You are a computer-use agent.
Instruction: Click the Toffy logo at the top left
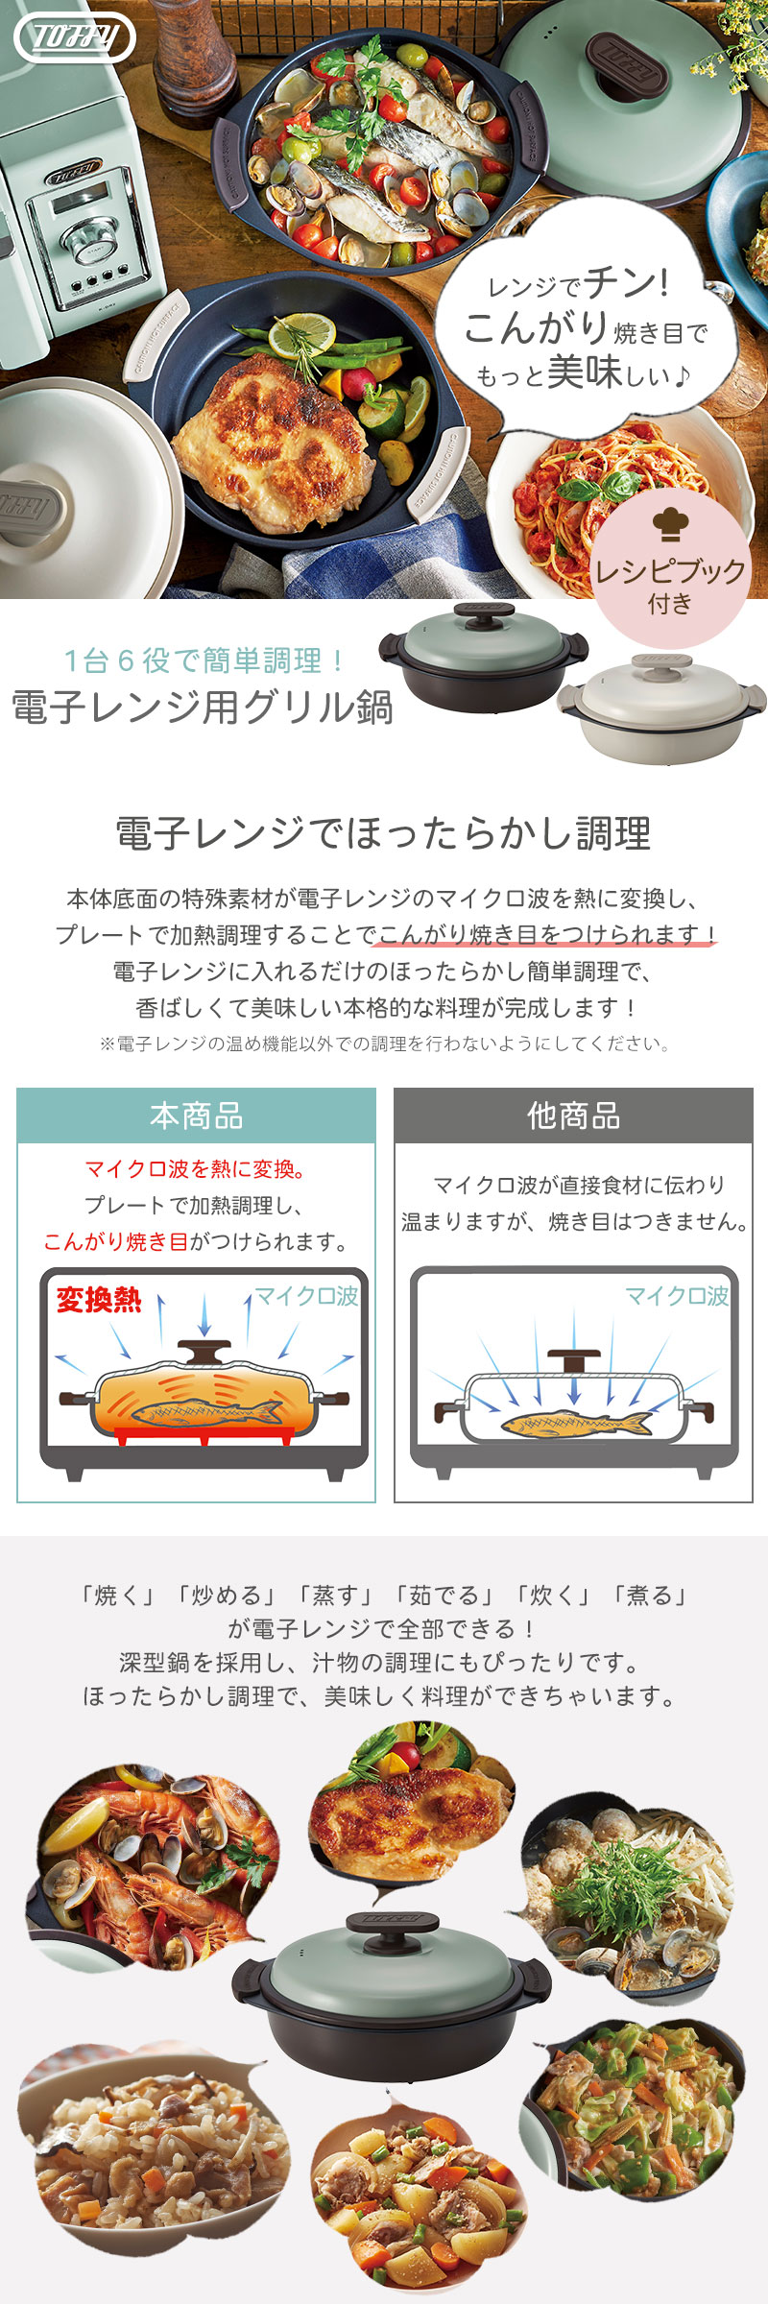tap(75, 37)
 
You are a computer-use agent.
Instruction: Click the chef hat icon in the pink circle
tap(670, 524)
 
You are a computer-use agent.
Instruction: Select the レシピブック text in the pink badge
tap(670, 571)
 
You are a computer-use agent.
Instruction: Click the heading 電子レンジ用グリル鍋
tap(203, 708)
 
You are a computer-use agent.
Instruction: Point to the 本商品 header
tap(196, 1116)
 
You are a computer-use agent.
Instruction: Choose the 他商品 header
tap(573, 1116)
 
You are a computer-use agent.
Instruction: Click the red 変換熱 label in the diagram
tap(98, 1300)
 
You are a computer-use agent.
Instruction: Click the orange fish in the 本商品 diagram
tap(206, 1412)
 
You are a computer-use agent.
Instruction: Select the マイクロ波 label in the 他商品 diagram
tap(677, 1296)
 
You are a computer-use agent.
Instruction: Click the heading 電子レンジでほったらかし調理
tap(384, 833)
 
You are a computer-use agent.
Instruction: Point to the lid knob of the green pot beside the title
tap(485, 612)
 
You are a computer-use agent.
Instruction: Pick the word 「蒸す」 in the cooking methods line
tap(330, 1596)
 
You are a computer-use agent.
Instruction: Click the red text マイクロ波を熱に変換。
tap(196, 1169)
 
